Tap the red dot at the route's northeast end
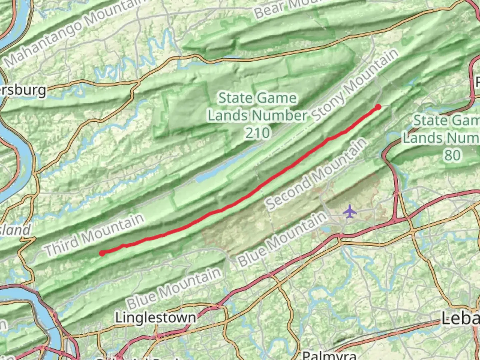pyautogui.click(x=378, y=107)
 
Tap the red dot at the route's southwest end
pyautogui.click(x=102, y=253)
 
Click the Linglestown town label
pyautogui.click(x=156, y=317)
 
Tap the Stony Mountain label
pyautogui.click(x=355, y=85)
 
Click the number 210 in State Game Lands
pyautogui.click(x=257, y=133)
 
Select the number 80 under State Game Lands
pyautogui.click(x=452, y=155)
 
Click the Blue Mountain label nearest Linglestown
pyautogui.click(x=174, y=288)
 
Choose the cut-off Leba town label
pyautogui.click(x=461, y=319)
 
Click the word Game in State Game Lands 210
pyautogui.click(x=276, y=98)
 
